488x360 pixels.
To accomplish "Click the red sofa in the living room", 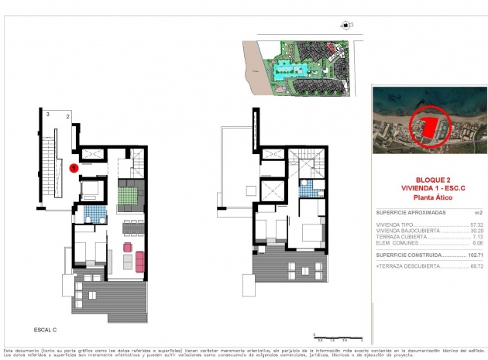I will click(x=139, y=262).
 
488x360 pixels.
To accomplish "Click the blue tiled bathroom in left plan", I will click(x=93, y=211).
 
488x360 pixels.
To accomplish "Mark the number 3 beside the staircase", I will click(x=48, y=115).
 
